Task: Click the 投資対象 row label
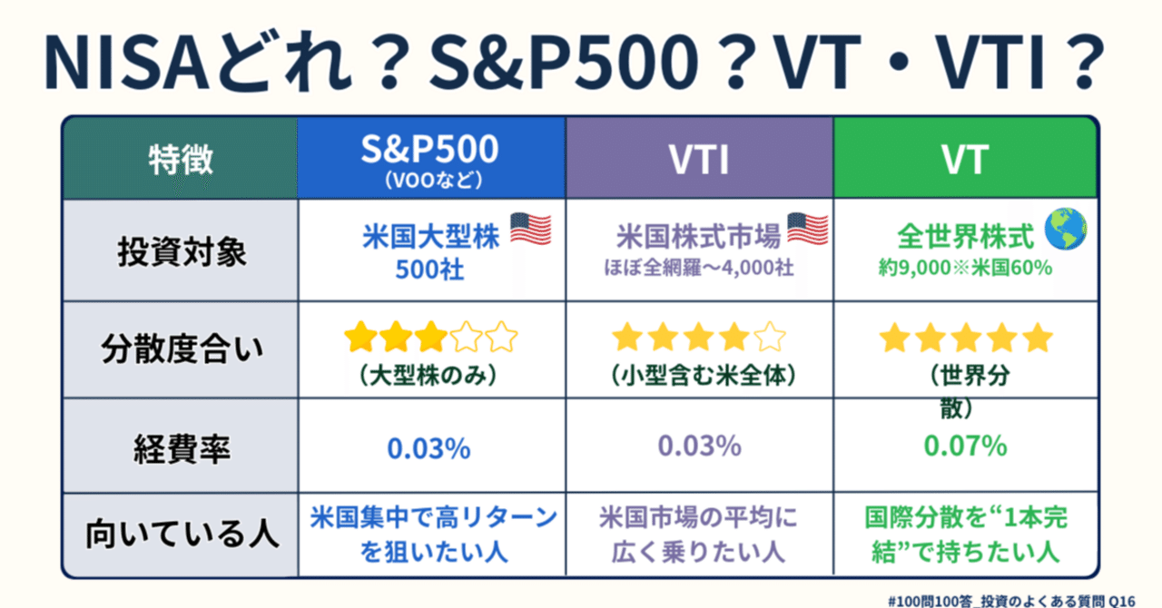(x=181, y=251)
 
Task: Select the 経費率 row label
(x=181, y=446)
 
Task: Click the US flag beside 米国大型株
(x=531, y=230)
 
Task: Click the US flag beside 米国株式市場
(x=808, y=230)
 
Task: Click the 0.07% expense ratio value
(x=964, y=446)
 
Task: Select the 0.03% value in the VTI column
(x=699, y=446)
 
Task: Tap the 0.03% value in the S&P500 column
(x=428, y=447)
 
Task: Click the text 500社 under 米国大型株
(x=429, y=270)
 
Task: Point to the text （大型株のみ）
(x=429, y=375)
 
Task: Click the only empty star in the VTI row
(x=770, y=338)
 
